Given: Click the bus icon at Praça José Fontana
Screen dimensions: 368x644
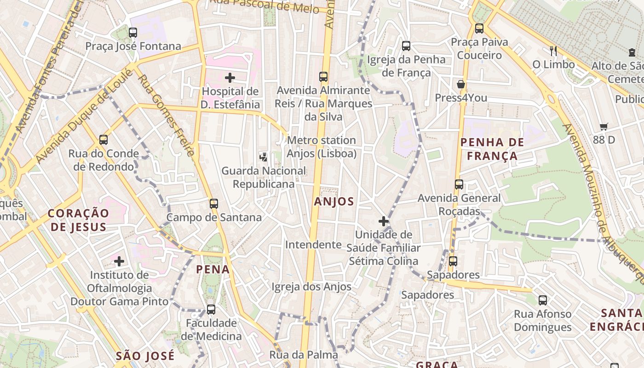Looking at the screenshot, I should (133, 32).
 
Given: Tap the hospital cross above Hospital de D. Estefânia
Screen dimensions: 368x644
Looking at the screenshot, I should (230, 77).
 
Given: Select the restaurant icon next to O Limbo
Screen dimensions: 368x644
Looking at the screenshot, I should (553, 51).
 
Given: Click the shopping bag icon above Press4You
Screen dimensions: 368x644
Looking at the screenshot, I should (460, 84).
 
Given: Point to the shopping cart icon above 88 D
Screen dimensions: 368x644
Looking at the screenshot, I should (604, 126).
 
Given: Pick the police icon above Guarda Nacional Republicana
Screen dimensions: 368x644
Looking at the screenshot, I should (263, 157).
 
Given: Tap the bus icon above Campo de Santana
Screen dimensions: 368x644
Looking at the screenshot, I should (213, 203).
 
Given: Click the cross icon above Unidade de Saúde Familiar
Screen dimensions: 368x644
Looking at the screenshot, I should (383, 221).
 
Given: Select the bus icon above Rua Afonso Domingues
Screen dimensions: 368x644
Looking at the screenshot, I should (543, 300).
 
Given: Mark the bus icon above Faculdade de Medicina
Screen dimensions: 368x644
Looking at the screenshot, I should (211, 309).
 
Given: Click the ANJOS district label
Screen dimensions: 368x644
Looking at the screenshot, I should (334, 201).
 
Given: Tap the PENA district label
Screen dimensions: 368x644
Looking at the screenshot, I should (213, 270).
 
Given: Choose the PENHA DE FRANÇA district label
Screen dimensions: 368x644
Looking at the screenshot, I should (492, 149).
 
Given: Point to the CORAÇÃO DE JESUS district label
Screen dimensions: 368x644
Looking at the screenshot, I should (79, 220).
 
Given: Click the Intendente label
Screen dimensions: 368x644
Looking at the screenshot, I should (313, 245).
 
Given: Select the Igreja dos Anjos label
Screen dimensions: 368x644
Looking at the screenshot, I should (311, 287).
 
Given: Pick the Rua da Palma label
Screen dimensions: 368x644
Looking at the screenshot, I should (304, 355).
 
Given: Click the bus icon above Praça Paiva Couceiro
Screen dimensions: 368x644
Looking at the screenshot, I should (479, 28).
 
